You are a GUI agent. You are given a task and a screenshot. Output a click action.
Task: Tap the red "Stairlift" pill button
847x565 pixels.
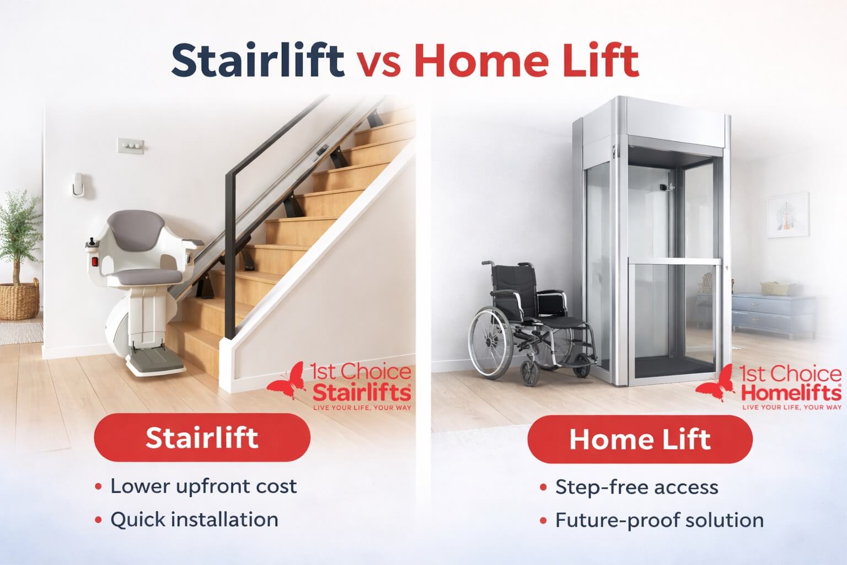(202, 438)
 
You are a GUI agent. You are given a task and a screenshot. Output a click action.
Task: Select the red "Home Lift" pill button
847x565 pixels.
(640, 439)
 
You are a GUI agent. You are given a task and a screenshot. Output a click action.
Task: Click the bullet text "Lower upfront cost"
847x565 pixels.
(203, 486)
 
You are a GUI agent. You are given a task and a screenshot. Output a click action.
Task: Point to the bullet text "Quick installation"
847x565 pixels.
(194, 519)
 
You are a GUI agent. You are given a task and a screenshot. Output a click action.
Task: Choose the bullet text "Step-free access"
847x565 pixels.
(637, 487)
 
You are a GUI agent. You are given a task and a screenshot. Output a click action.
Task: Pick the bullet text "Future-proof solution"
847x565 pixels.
(660, 520)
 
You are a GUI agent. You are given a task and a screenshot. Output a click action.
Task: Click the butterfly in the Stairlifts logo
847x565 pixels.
(287, 380)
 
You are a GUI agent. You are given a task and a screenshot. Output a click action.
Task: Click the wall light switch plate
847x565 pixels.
(131, 146)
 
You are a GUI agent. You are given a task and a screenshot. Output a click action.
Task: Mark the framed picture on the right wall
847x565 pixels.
(789, 215)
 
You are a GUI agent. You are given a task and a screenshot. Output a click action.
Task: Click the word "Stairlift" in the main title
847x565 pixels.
(258, 61)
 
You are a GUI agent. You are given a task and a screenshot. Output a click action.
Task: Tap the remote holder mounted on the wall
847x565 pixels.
(78, 185)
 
